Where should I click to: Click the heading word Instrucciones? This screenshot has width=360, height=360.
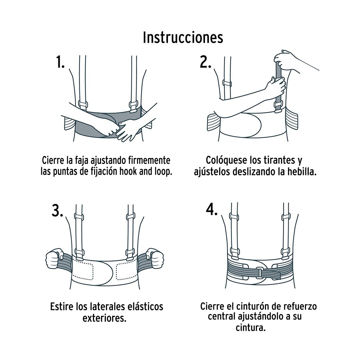[x=183, y=37]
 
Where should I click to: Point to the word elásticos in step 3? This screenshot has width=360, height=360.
[x=144, y=307]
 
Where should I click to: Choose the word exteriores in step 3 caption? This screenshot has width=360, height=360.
[x=104, y=318]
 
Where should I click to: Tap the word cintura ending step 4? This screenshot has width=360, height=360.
[x=251, y=328]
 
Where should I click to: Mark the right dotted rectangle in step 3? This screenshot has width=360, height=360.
[x=127, y=271]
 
